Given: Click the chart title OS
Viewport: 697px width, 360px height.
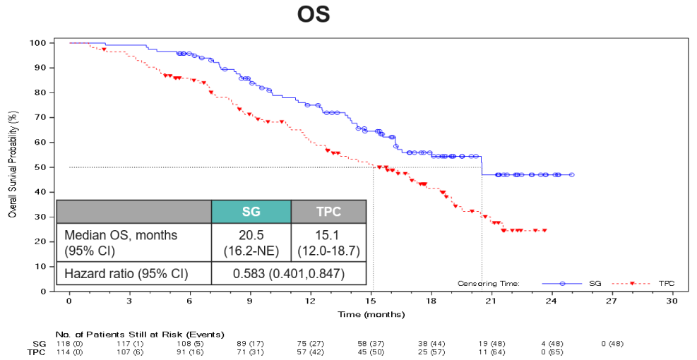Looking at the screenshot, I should [x=314, y=15].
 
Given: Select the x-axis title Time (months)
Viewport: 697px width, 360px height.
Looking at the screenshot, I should [x=370, y=313].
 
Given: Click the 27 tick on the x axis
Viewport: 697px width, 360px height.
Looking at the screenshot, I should [x=611, y=301].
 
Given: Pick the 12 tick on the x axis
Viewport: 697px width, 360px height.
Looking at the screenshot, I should [x=310, y=301].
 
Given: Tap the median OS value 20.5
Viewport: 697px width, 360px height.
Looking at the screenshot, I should [x=251, y=234].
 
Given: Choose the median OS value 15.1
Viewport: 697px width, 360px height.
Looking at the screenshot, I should [x=328, y=234].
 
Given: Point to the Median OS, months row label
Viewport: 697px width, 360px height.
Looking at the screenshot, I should [x=121, y=234].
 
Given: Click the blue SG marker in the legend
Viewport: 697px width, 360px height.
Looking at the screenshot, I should [x=562, y=283].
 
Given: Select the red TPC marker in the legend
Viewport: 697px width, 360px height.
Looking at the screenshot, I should [x=632, y=283].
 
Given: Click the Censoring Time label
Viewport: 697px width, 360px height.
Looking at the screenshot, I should [x=488, y=283].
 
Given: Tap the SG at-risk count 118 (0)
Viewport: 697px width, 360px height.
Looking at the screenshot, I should [x=69, y=343].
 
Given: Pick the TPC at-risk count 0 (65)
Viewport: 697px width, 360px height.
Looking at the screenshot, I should [x=551, y=352].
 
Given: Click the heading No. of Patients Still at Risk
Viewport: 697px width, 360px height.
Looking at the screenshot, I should [x=139, y=335].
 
